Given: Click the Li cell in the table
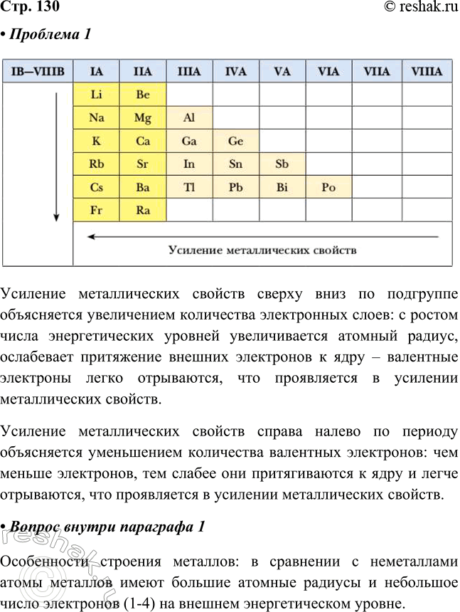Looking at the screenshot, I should tap(97, 95).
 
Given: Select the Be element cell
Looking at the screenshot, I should tap(143, 95).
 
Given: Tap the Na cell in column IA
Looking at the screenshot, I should tap(97, 117).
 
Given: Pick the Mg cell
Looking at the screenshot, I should tap(143, 117).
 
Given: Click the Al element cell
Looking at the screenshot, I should tap(189, 117).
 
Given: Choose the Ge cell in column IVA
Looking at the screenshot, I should tap(235, 141).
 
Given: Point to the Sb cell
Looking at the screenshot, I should tap(282, 164).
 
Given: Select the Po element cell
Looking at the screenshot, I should tap(328, 187).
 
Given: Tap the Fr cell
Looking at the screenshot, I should tap(97, 211).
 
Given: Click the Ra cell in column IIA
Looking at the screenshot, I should tap(143, 211).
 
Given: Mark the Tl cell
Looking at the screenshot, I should tap(189, 187).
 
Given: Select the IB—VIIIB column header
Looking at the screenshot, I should tap(38, 72).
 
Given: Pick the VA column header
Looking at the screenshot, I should tap(282, 72).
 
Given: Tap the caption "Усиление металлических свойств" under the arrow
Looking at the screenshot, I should tap(262, 250).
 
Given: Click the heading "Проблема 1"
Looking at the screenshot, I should tap(49, 33).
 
